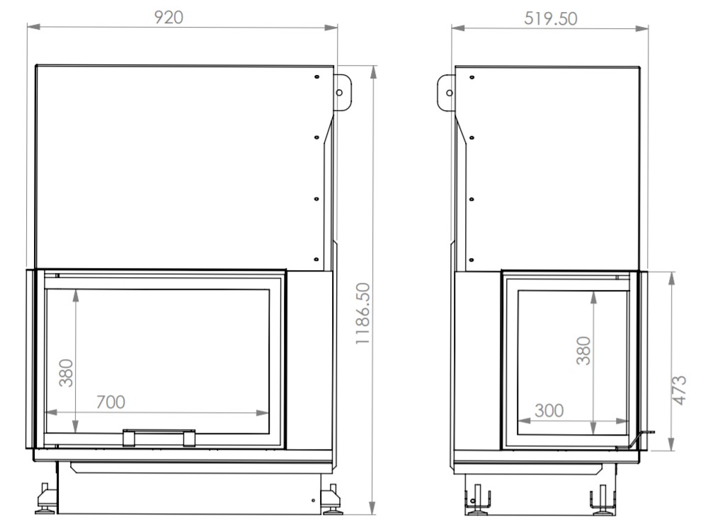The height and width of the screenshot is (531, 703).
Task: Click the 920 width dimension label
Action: pos(169,17)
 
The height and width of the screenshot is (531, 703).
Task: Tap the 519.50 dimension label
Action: pos(551,18)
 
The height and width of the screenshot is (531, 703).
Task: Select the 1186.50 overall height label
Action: pos(362,313)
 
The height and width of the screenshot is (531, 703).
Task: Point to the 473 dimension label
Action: pos(680,390)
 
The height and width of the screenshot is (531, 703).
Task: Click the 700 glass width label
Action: pos(110,402)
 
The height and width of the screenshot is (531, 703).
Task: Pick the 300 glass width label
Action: pos(549,411)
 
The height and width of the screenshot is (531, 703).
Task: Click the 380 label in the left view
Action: pos(67,373)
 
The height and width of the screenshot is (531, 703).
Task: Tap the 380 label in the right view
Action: pos(584,351)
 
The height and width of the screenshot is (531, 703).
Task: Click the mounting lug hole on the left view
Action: pos(339,93)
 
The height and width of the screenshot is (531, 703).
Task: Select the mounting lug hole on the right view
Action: pos(450,93)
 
